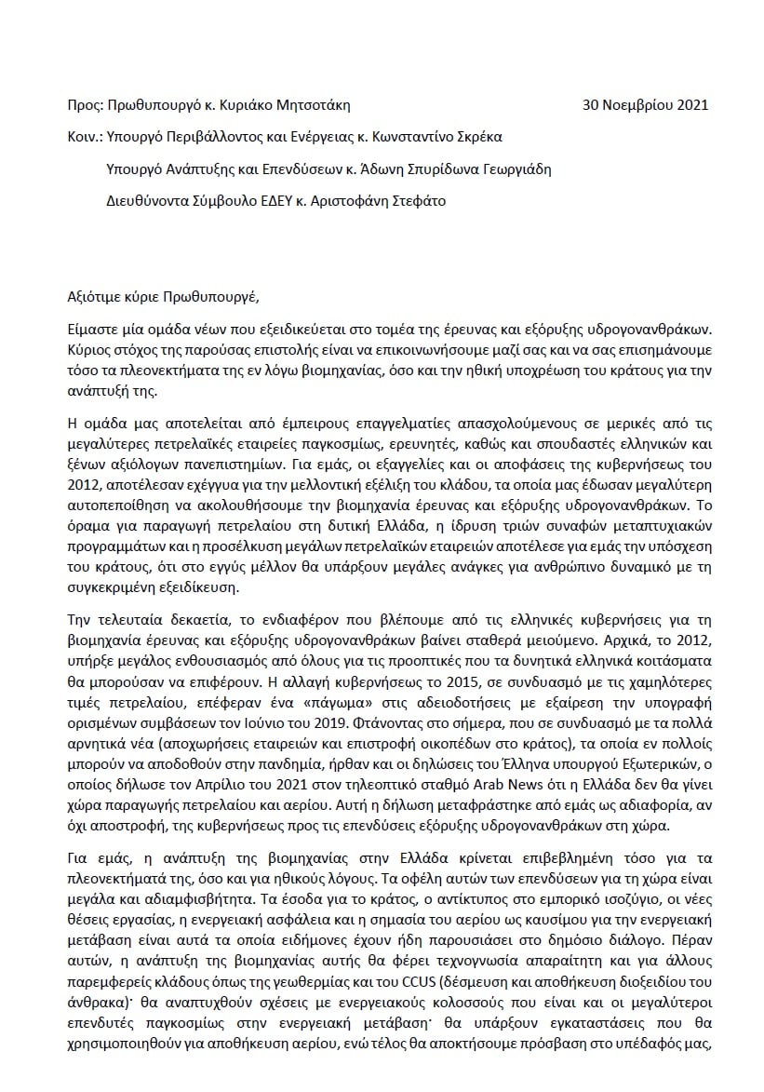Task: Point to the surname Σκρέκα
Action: tap(476, 137)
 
